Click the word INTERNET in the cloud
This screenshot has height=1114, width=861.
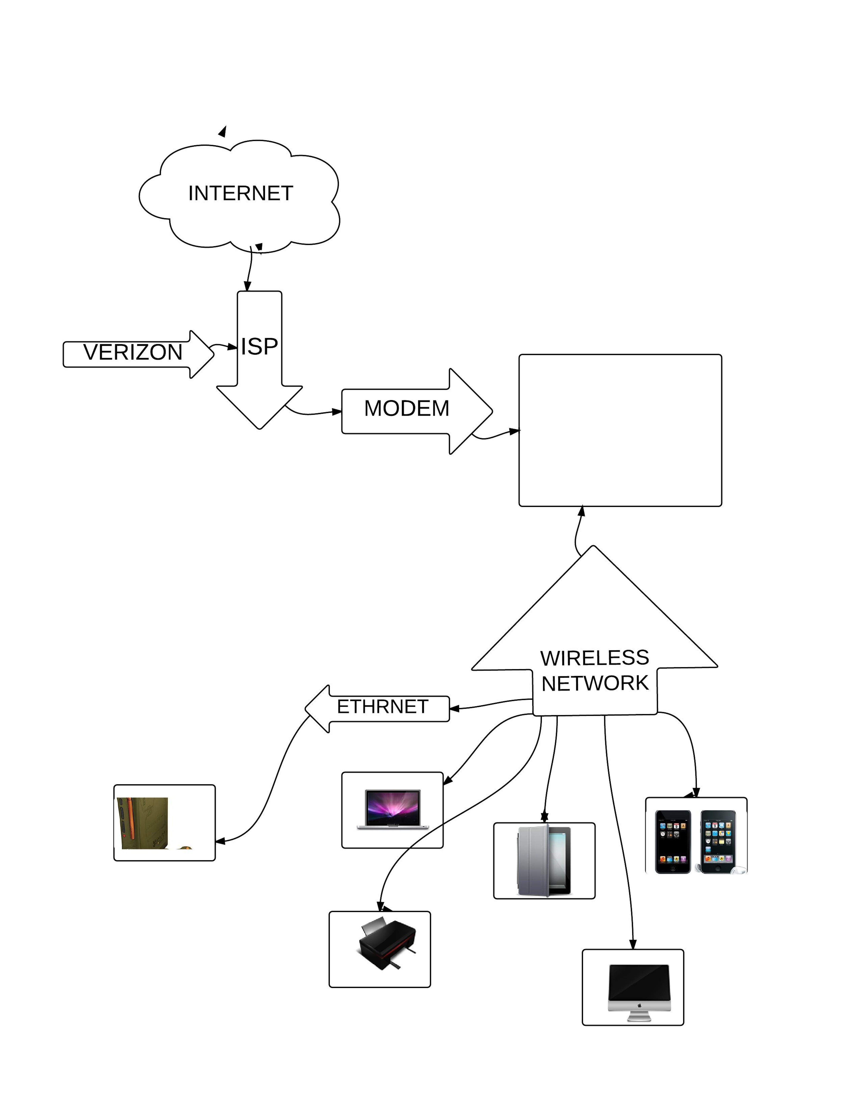[241, 193]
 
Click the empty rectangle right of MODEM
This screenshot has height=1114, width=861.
[620, 430]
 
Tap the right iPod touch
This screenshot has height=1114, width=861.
[718, 842]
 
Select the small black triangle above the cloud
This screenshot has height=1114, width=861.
[223, 132]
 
